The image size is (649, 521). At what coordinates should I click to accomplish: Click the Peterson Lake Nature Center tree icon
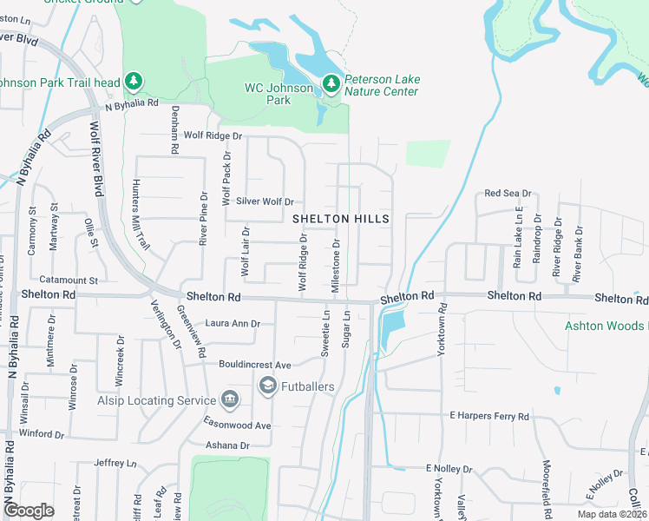click(331, 83)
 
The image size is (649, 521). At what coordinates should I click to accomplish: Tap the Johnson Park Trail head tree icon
click(133, 82)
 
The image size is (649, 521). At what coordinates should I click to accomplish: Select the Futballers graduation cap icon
click(267, 385)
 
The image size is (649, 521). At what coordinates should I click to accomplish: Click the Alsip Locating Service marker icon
click(230, 400)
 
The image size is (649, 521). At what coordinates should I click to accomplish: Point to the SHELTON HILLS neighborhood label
click(340, 218)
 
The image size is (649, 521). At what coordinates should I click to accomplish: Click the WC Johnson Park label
click(279, 94)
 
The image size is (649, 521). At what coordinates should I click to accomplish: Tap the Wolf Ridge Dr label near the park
click(213, 135)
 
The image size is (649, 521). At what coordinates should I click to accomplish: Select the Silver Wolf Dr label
click(259, 201)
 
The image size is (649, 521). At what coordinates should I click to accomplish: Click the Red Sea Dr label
click(508, 193)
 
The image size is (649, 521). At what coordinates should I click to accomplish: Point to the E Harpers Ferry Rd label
click(489, 417)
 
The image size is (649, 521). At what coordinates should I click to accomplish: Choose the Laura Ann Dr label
click(233, 324)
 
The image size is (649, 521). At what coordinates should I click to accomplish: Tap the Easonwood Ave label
click(238, 425)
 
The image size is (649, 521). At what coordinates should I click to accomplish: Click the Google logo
click(29, 510)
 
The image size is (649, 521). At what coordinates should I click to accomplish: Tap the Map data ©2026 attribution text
click(613, 514)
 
